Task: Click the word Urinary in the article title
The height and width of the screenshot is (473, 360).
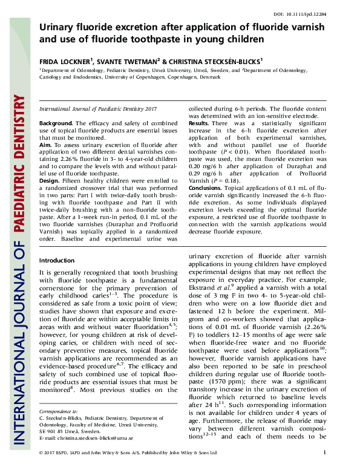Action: click(59, 27)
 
